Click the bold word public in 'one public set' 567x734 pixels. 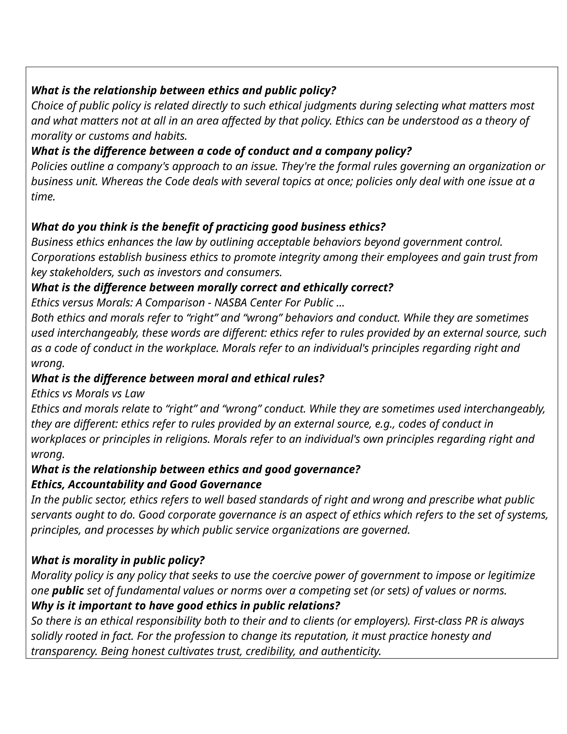click(x=68, y=591)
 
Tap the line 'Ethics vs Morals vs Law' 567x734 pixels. click(x=88, y=394)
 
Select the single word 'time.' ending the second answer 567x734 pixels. click(x=43, y=197)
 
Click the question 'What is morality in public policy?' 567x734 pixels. click(x=118, y=560)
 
